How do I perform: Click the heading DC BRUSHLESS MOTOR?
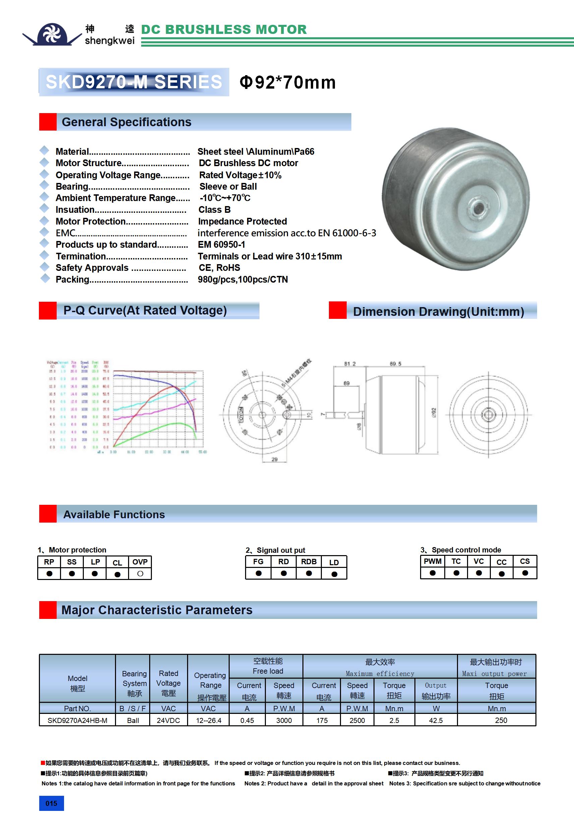pos(224,30)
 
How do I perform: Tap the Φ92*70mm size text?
pos(288,82)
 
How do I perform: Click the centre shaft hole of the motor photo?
pos(478,207)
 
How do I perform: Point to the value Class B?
pos(214,210)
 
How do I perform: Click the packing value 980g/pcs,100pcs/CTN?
pos(243,280)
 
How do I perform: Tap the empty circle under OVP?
pos(140,574)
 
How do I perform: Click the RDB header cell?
pos(309,562)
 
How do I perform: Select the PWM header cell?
pos(433,561)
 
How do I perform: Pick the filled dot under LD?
pos(334,574)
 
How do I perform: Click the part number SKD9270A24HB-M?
pos(77,720)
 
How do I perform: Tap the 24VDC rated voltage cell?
pos(168,720)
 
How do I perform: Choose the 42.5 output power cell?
pos(436,720)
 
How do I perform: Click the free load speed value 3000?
pos(284,720)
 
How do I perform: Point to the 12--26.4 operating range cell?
pos(209,720)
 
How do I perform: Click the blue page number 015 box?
pos(51,803)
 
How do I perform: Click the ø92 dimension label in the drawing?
pos(434,412)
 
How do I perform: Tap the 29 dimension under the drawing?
pos(275,459)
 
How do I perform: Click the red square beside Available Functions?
pos(48,514)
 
